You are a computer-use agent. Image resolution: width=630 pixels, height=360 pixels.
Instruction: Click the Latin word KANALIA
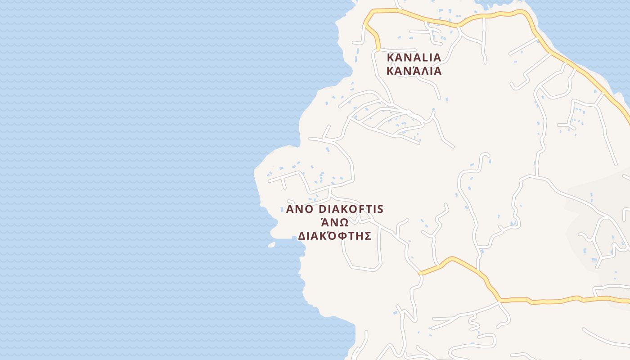point(414,58)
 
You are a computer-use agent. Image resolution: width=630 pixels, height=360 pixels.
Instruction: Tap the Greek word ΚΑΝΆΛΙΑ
point(414,71)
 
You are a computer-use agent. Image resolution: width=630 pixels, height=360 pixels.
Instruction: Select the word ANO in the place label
point(300,209)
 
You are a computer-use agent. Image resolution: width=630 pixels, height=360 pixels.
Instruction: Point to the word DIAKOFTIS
point(351,209)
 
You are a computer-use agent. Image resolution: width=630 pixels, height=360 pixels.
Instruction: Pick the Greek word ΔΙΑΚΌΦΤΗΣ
point(334,236)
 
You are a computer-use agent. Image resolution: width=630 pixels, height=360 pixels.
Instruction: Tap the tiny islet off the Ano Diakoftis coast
point(271,245)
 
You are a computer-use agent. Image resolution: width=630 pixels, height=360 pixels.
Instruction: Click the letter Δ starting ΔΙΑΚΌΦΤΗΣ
point(302,236)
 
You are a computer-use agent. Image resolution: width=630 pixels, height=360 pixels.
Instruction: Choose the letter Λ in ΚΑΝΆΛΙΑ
point(423,71)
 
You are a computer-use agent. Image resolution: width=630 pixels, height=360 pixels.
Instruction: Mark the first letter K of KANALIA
point(391,58)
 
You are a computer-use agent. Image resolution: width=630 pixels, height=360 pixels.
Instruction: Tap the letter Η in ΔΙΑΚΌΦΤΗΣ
point(359,236)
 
